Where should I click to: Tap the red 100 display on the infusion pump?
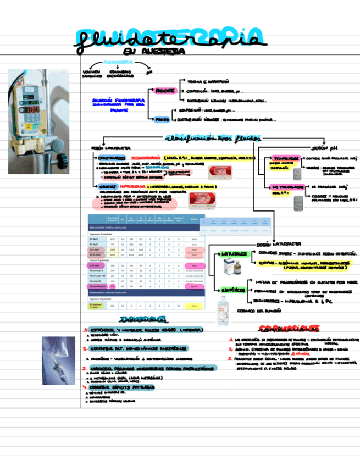32,109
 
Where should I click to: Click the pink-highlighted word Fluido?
160,118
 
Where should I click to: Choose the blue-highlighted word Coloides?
99,186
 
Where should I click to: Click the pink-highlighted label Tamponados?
285,157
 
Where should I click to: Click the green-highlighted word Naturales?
234,254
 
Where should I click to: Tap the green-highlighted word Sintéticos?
234,289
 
